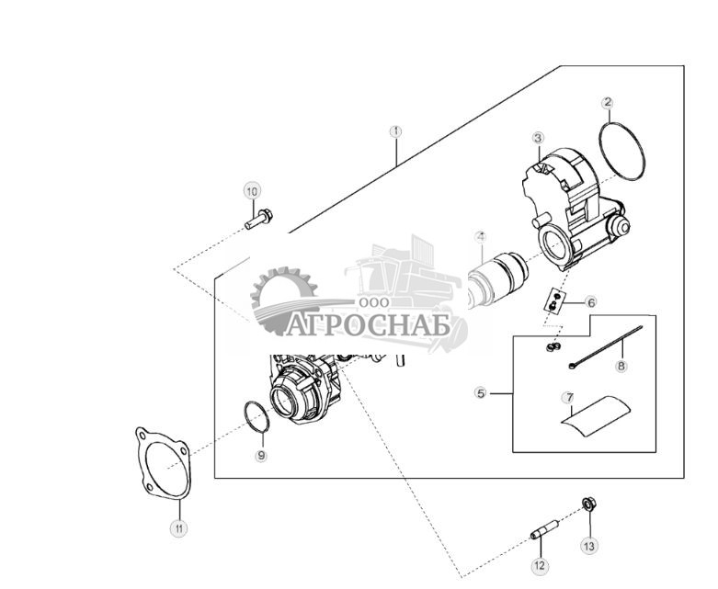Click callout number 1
coord(396,131)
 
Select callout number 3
coord(538,138)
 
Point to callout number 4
coord(480,237)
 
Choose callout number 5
coord(480,393)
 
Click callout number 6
coord(591,301)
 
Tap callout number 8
coord(621,366)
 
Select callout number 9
coord(261,455)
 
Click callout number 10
coord(252,191)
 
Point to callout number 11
coord(180,527)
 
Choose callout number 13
coord(589,545)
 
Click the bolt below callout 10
coord(258,220)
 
